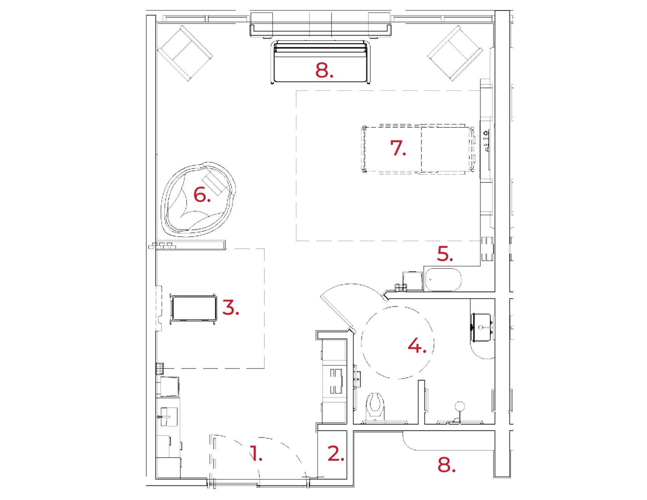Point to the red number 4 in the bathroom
coord(416,346)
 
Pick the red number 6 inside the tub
coord(201,195)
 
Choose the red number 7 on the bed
coord(397,148)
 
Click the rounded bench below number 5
coord(443,279)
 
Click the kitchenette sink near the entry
coord(169,416)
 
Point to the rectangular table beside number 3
coord(193,307)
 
